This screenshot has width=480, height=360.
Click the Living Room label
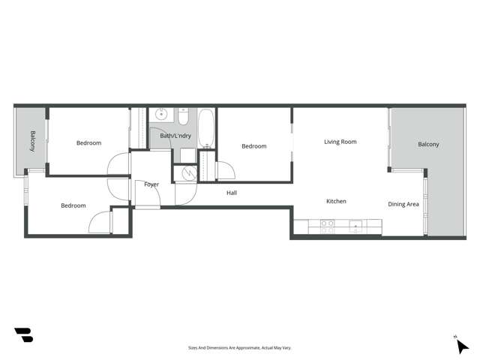point(340,142)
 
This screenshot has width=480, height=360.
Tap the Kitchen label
point(336,201)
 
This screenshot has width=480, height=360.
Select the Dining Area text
point(403,204)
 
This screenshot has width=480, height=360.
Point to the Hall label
point(232,193)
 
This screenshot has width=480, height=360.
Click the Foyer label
point(151,184)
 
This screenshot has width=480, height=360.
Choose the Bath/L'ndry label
point(175,136)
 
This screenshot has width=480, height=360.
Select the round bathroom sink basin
point(160,115)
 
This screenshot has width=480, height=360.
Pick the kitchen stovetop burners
point(328,226)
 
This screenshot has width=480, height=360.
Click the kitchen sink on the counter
point(355,226)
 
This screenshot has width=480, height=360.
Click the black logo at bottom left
point(23,335)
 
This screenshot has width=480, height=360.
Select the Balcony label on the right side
point(428,144)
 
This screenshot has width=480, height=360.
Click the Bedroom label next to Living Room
point(253,146)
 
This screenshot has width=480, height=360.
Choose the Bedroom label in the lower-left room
point(73,205)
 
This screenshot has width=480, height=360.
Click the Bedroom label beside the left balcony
point(88,142)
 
